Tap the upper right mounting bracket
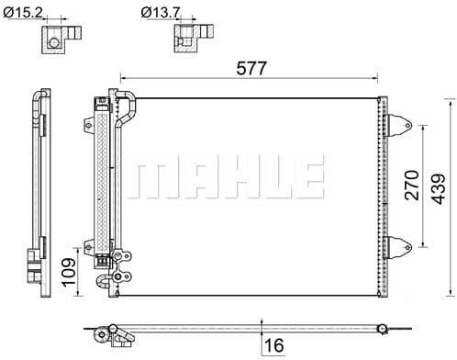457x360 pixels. point(398,123)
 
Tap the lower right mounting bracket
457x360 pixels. point(398,246)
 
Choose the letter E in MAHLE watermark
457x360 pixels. point(308,179)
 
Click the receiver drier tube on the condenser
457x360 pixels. point(99,179)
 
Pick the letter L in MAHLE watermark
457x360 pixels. point(272,179)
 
